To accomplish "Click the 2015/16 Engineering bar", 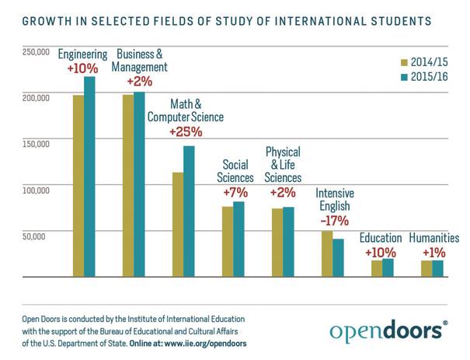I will (89, 177).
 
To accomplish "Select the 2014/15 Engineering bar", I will (78, 186).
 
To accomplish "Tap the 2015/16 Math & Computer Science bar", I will (189, 211).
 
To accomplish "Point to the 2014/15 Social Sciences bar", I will (228, 241).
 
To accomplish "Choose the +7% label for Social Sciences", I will (235, 192).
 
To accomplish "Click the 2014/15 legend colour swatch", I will (404, 61).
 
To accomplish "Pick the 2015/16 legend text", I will (432, 77).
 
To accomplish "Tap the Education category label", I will (381, 238).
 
